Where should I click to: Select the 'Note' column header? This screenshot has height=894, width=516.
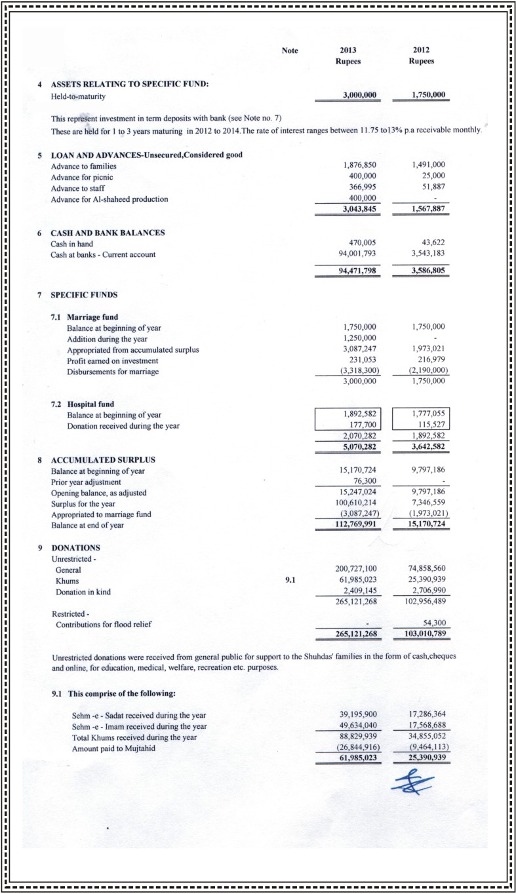pos(290,51)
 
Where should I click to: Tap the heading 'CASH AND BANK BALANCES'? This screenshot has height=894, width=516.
pos(108,233)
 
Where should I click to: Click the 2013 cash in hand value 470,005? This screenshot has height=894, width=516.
pos(361,244)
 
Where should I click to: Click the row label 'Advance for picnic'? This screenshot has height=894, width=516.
pos(86,177)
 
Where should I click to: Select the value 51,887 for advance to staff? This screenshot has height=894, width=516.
pos(431,188)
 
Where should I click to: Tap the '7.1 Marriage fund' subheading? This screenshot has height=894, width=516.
pos(84,317)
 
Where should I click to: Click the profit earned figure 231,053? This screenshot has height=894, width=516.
pos(361,360)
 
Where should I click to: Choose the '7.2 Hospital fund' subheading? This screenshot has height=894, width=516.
pos(83,404)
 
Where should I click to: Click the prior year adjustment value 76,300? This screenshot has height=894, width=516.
pos(363,482)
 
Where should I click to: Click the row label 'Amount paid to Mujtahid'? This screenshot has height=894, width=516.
pos(113,749)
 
